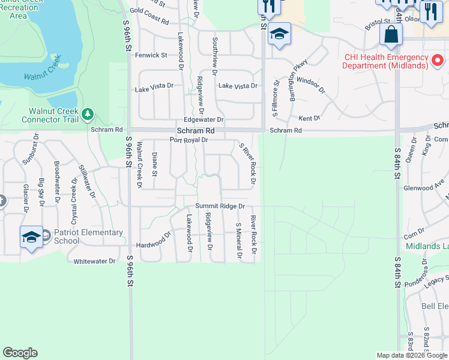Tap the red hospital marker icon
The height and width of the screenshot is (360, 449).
pos(438,61)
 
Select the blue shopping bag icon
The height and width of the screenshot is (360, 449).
pos(391,36)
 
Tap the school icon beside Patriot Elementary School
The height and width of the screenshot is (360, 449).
pos(31,238)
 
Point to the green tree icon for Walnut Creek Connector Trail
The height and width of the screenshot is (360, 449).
pos(88,113)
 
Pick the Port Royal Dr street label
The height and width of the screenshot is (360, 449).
pos(188,140)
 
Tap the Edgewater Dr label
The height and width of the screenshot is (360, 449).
pos(203,120)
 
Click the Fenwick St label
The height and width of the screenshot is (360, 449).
pos(151,55)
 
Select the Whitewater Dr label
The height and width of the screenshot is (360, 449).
pos(94,262)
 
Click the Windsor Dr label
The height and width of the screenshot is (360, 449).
pos(310,85)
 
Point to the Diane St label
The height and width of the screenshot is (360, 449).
pos(155,164)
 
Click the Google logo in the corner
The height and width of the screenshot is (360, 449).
pos(20,353)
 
